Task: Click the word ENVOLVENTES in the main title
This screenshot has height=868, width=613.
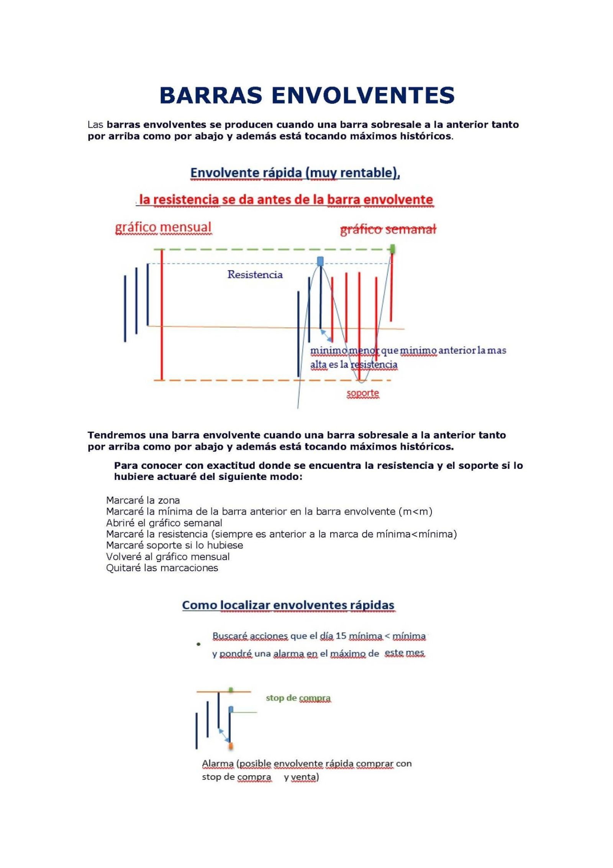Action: click(x=363, y=95)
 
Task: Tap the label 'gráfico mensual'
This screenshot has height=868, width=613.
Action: click(x=163, y=227)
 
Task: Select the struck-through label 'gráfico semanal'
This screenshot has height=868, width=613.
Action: click(x=388, y=229)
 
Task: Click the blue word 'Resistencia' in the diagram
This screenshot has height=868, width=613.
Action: click(x=255, y=274)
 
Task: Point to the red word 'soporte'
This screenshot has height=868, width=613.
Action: click(x=362, y=393)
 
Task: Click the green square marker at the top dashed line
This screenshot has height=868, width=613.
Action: click(x=392, y=249)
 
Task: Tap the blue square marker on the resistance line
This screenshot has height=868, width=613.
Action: click(x=320, y=261)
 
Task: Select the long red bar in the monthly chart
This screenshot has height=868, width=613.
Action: click(x=162, y=314)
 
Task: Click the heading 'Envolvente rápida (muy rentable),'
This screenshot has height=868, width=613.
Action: click(x=295, y=173)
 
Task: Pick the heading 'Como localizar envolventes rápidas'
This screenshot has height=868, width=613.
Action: click(x=288, y=605)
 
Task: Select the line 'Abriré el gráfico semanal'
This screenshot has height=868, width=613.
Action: click(x=164, y=523)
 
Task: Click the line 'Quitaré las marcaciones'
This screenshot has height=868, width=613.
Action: click(x=162, y=568)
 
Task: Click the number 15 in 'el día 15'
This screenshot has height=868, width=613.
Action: click(x=341, y=636)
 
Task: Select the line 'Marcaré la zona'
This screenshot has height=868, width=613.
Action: click(x=143, y=500)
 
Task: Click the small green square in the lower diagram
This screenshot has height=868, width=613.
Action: click(x=231, y=690)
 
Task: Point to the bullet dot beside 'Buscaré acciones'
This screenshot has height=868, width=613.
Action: click(x=198, y=644)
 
